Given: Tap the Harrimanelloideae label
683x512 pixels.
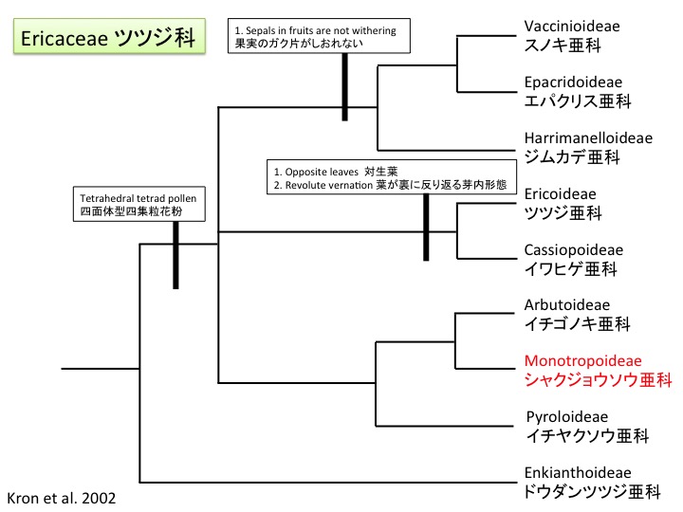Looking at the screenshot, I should click(x=588, y=137).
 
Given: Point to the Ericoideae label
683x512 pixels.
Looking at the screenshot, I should click(x=560, y=194).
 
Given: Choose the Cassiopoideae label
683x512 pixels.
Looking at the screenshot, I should click(x=573, y=250).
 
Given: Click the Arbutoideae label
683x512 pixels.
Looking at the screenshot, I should click(x=566, y=305).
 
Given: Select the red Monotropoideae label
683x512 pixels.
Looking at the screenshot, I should click(x=582, y=361).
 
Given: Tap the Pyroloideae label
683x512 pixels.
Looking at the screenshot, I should click(x=566, y=416).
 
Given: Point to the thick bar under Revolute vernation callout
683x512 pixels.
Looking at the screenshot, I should click(x=428, y=228).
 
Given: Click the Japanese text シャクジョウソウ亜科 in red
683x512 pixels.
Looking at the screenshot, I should click(x=598, y=380).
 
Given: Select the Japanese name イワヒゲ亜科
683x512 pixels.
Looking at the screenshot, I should click(x=570, y=269).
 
